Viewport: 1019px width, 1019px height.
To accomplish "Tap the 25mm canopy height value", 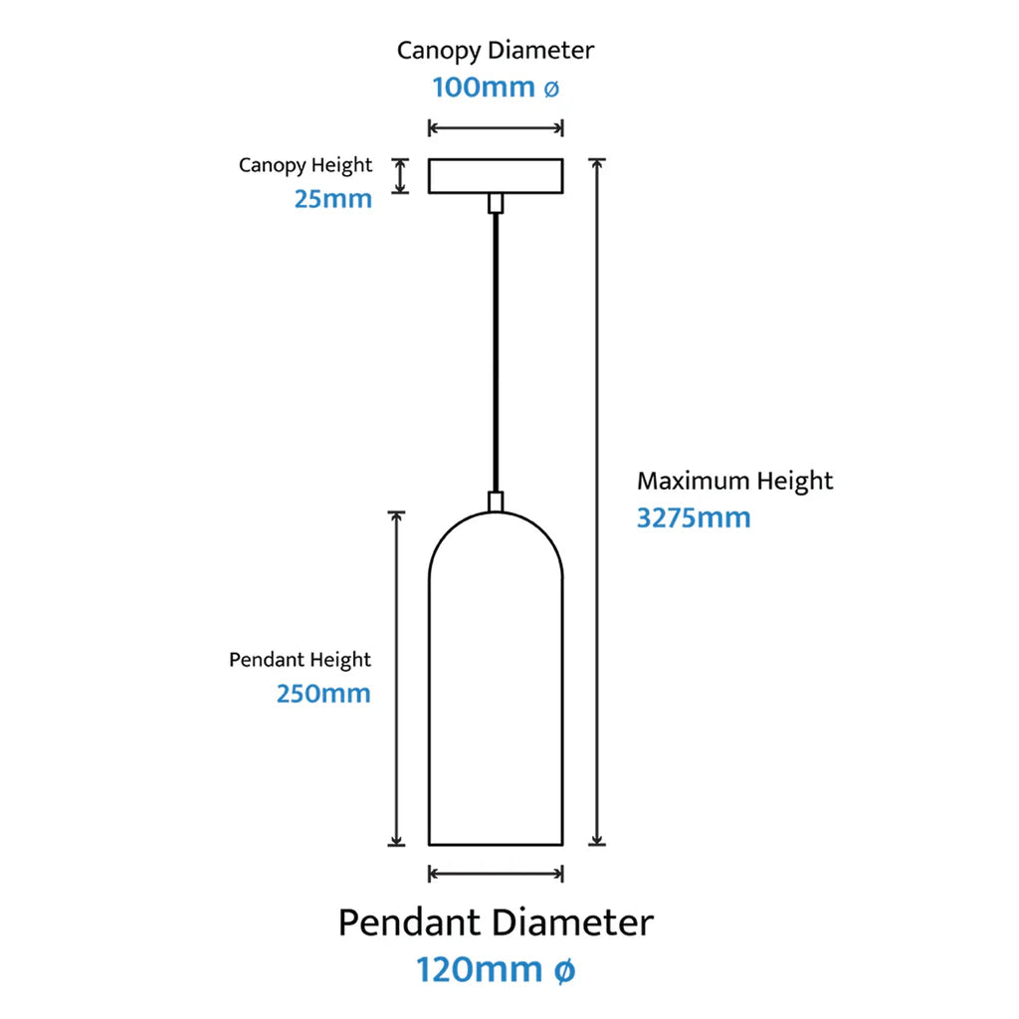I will (332, 198).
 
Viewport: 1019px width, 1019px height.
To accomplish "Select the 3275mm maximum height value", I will (694, 517).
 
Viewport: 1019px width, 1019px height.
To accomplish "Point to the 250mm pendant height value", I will (323, 693).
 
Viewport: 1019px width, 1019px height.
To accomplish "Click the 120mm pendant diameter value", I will (479, 969).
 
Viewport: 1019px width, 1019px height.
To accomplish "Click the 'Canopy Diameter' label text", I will (496, 50).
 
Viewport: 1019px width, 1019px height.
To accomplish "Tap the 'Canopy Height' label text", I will (306, 165).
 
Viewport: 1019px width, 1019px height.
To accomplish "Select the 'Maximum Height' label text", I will (735, 482).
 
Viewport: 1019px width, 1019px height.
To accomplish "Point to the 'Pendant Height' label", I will (300, 660).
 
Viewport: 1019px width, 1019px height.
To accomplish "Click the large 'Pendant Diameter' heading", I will (496, 922).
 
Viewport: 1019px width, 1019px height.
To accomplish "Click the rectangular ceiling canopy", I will (496, 175).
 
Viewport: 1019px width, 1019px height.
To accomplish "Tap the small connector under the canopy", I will (496, 203).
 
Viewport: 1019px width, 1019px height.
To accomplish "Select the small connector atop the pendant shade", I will (496, 502).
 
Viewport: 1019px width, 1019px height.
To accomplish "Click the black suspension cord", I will (496, 348).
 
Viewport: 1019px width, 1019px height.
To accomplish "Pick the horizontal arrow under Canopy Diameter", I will (496, 127).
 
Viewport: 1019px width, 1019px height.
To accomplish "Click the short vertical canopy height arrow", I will (400, 175).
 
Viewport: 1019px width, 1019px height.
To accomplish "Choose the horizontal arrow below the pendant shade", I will (496, 874).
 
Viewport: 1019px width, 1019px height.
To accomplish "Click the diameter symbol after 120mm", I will (562, 970).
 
